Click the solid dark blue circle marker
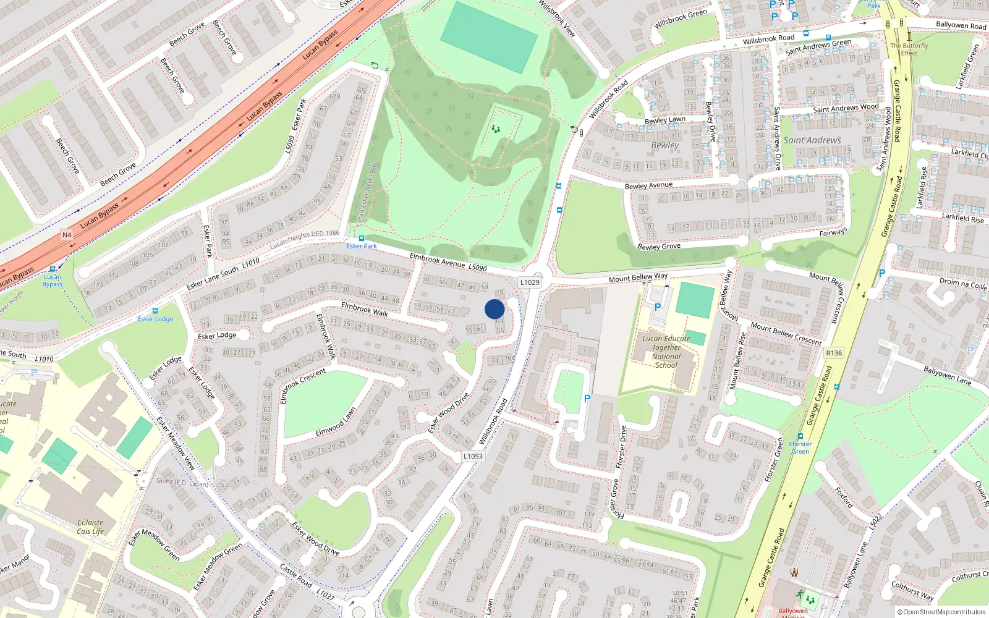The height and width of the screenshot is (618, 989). coord(494,309)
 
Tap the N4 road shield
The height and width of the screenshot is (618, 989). coord(67,235)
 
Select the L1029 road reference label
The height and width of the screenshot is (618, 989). coord(530,282)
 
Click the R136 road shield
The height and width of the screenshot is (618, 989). coord(834,353)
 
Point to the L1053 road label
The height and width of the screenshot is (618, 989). coord(473,456)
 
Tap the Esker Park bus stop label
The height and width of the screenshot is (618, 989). coord(361,246)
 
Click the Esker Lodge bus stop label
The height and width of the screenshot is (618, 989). coord(155,319)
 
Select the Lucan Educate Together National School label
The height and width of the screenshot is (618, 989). coord(666,352)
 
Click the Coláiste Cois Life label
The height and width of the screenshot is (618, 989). coord(90,527)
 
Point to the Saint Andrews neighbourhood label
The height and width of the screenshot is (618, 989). coord(812,140)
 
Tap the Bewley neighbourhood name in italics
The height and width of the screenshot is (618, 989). coord(664,145)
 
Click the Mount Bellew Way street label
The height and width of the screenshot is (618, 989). coord(638,277)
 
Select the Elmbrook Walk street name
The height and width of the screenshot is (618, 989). coord(365,309)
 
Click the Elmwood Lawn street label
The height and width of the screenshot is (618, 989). coord(336,422)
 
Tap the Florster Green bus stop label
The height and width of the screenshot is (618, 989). coord(800,447)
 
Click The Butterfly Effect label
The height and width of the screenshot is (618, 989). coord(909,49)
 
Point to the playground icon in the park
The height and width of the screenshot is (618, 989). coord(495,129)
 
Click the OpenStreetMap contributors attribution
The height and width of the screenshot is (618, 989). coord(941,612)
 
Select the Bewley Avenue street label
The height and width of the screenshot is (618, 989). coord(648,185)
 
